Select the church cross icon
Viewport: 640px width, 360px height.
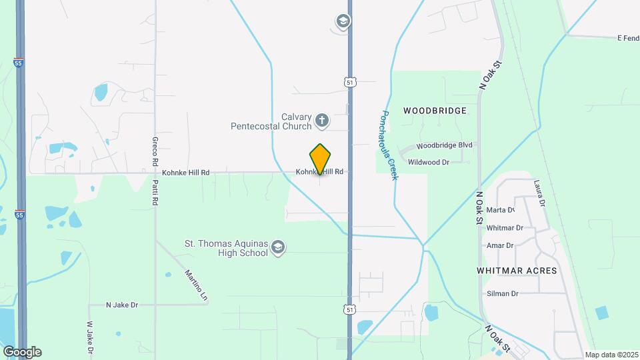coord(322,121)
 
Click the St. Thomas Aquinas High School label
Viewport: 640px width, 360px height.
coord(226,248)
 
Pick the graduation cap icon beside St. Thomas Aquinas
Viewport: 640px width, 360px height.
coord(278,249)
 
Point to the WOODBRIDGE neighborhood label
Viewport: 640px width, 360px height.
coord(434,110)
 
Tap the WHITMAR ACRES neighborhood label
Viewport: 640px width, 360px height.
coord(517,271)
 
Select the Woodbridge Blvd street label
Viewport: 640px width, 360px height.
coord(444,145)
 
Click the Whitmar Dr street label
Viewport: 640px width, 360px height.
coord(505,227)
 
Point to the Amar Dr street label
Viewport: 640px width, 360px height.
coord(500,245)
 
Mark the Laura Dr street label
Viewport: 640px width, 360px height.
coord(539,193)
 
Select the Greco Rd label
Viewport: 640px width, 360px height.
coord(155,151)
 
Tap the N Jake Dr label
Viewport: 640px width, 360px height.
coord(121,305)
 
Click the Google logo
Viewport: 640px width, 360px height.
coord(21,351)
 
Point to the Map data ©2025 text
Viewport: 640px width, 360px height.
coord(610,355)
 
